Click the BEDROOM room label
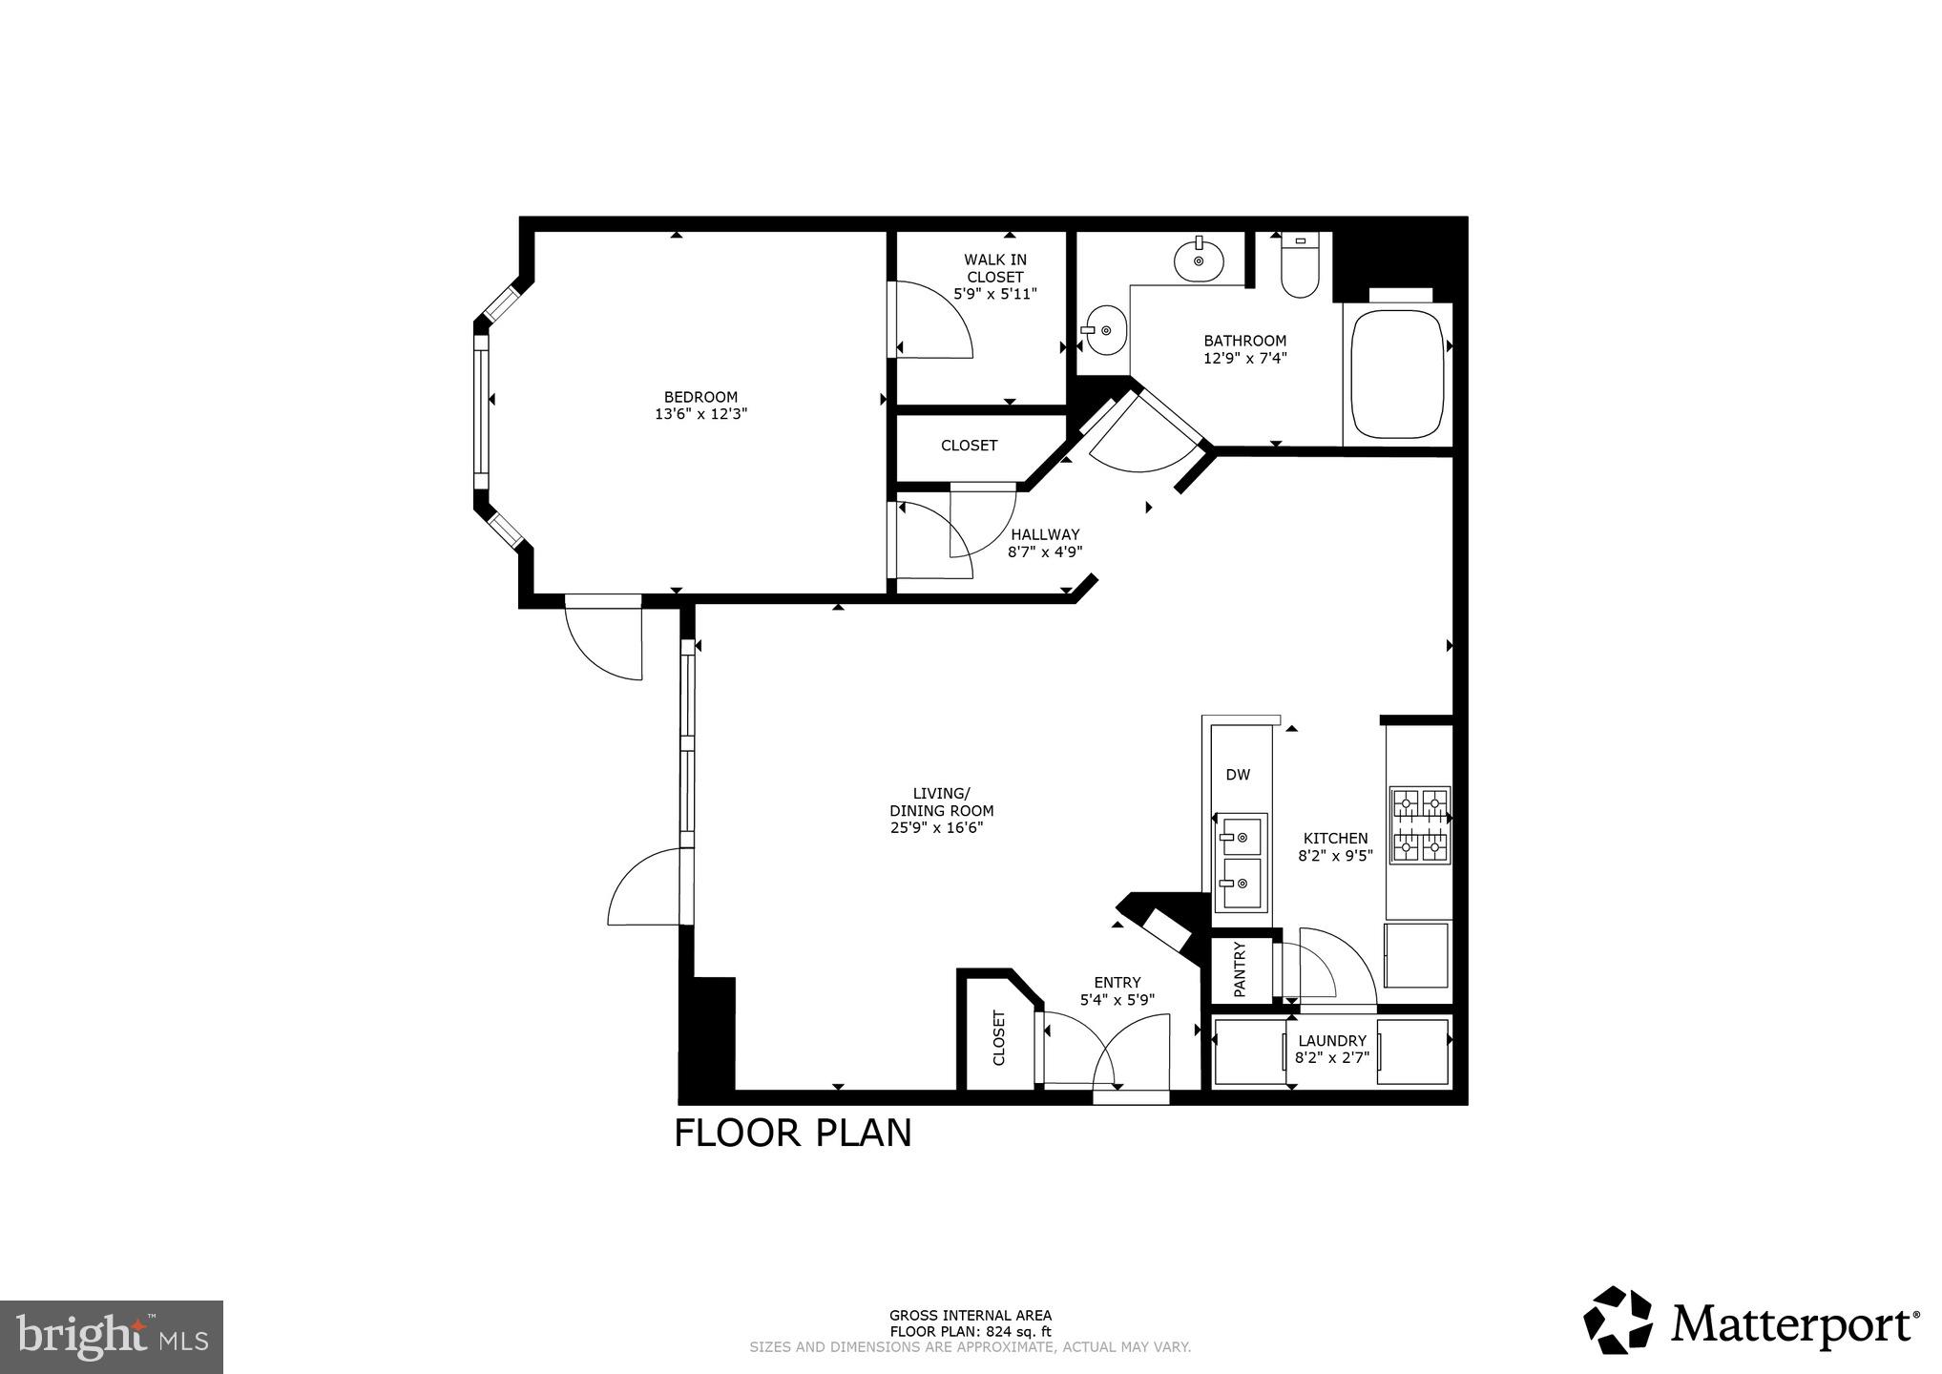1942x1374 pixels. tap(700, 397)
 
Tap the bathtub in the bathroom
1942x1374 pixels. tap(1398, 374)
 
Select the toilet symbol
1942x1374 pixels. tap(1299, 268)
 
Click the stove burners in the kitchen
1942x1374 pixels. tap(1419, 825)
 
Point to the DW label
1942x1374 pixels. tap(1238, 775)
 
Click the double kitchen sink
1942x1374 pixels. tap(1240, 864)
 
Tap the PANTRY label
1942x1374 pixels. tap(1240, 969)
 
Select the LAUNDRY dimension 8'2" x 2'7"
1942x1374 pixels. tap(1332, 1057)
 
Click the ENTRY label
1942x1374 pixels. tap(1117, 983)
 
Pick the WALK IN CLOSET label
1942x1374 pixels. tap(995, 268)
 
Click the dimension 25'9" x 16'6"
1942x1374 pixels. tap(937, 828)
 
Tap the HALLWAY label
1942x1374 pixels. tap(1045, 534)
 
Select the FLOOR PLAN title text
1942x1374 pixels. tap(793, 1133)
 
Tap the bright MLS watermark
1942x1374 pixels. tap(112, 1336)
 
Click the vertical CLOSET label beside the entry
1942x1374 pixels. tap(999, 1038)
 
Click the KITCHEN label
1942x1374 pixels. tap(1335, 838)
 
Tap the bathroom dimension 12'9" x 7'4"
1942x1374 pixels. tap(1244, 359)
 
